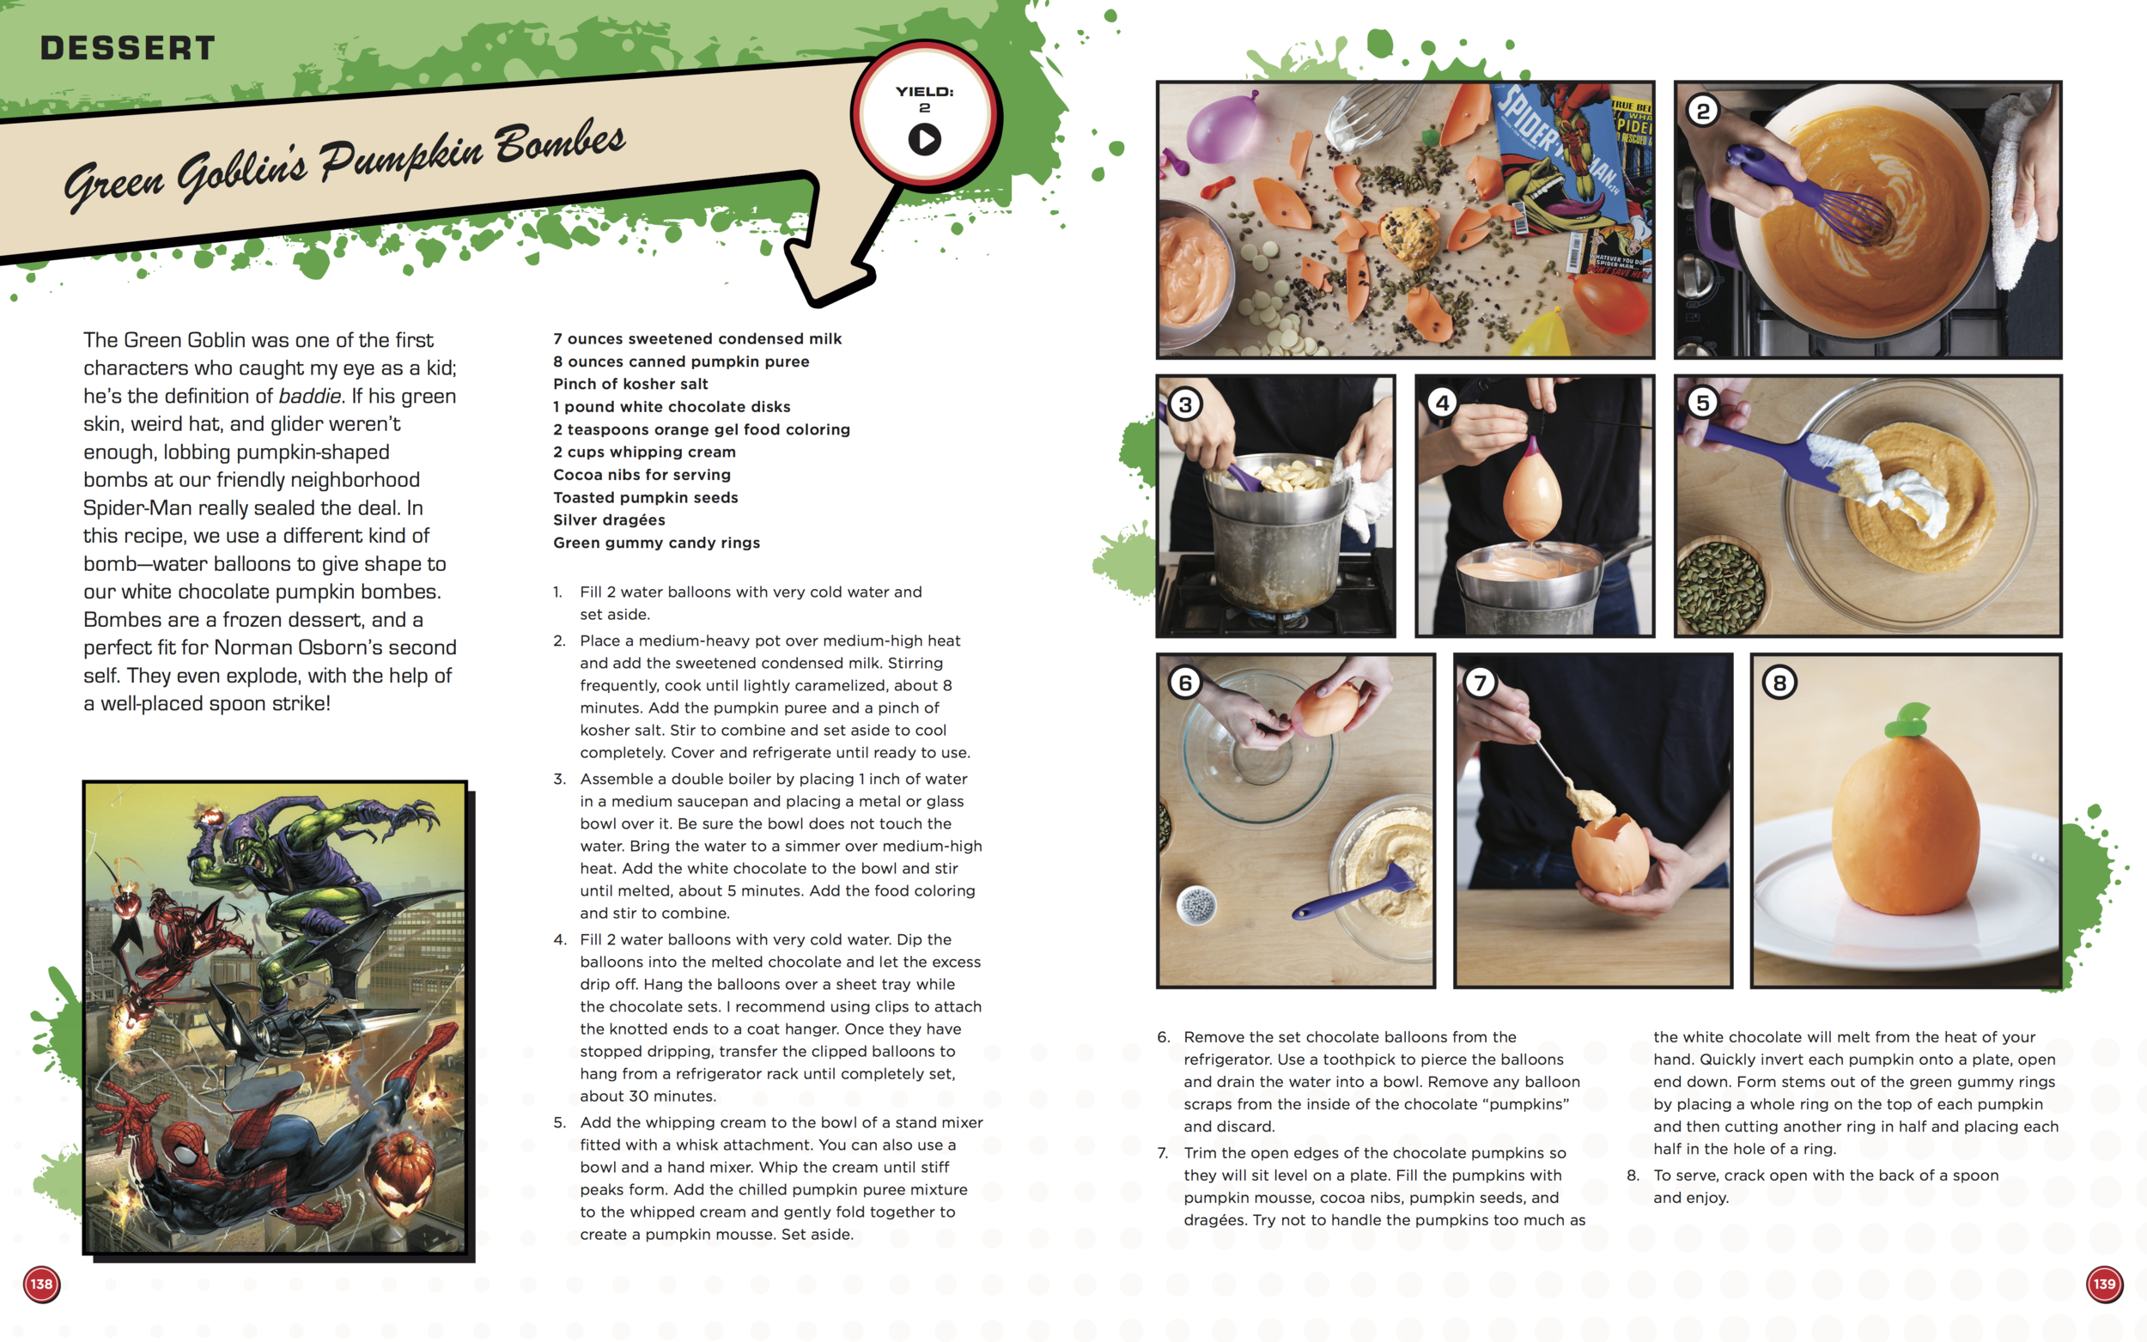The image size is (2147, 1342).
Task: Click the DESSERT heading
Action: [128, 48]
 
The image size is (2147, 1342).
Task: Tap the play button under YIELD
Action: [924, 139]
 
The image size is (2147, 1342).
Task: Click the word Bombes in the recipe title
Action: [560, 142]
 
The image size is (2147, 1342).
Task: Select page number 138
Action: [42, 1284]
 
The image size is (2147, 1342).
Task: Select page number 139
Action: [2103, 1284]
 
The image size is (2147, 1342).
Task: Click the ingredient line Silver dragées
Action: [609, 520]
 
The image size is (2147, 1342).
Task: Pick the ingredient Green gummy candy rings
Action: [656, 543]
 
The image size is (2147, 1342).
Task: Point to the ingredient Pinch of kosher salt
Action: [630, 385]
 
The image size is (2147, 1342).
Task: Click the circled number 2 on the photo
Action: [1702, 112]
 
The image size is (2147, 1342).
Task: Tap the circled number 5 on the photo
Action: [1702, 403]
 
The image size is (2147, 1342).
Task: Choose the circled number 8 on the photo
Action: [1779, 683]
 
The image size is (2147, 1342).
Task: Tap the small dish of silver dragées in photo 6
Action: [1195, 905]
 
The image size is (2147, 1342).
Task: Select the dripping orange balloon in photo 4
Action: [1532, 493]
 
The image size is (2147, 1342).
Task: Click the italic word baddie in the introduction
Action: [310, 396]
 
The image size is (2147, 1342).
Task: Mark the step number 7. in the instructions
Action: [1163, 1153]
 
